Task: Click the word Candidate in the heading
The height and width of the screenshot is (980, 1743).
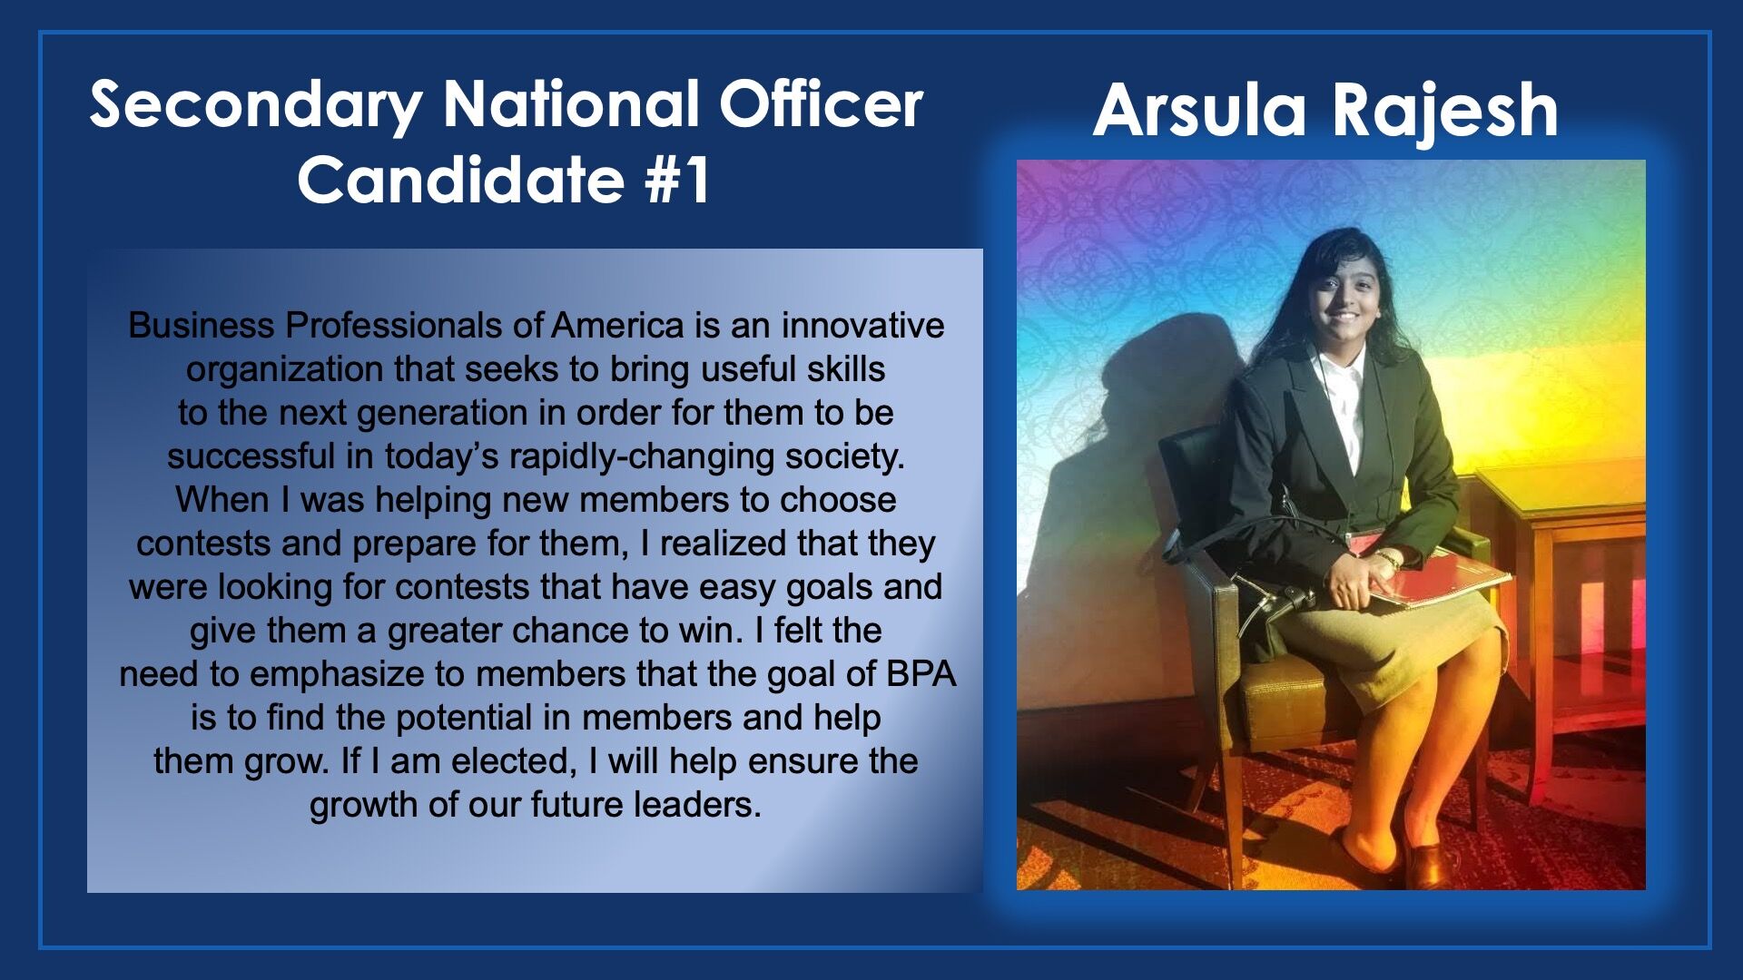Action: (461, 179)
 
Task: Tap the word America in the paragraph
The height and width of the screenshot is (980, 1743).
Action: (617, 325)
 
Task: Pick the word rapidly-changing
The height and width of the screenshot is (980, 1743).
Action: (642, 457)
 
